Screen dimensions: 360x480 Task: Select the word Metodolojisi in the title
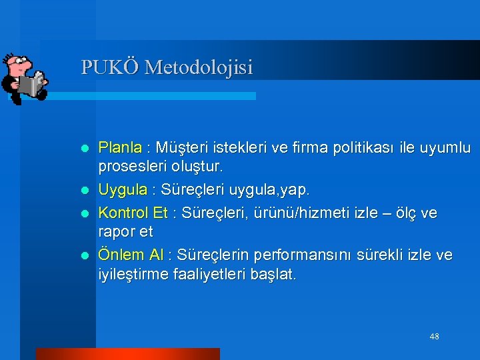199,67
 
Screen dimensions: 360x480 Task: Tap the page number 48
434,337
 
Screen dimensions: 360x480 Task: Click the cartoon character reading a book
23,78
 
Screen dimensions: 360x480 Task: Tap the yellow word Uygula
123,191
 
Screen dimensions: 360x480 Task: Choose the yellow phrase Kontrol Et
133,213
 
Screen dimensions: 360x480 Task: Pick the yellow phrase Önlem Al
131,255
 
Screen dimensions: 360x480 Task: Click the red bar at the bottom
127,353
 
